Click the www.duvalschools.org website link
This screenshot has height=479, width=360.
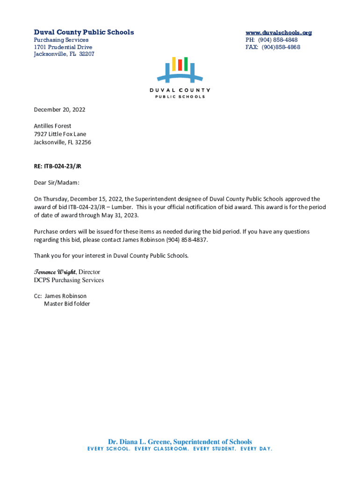(x=279, y=33)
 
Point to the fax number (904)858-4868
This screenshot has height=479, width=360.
(x=281, y=47)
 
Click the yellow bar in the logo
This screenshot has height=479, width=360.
(x=174, y=64)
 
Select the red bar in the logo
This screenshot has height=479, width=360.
(x=180, y=65)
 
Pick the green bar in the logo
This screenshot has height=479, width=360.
(x=186, y=64)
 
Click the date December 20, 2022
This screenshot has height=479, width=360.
(x=59, y=110)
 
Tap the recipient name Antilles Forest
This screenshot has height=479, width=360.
(x=52, y=126)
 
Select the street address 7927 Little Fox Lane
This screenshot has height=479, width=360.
(x=60, y=134)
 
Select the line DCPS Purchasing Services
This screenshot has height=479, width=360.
(x=69, y=280)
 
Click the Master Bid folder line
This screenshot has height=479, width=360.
(x=67, y=304)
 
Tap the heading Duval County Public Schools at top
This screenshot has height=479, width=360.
(x=84, y=32)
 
